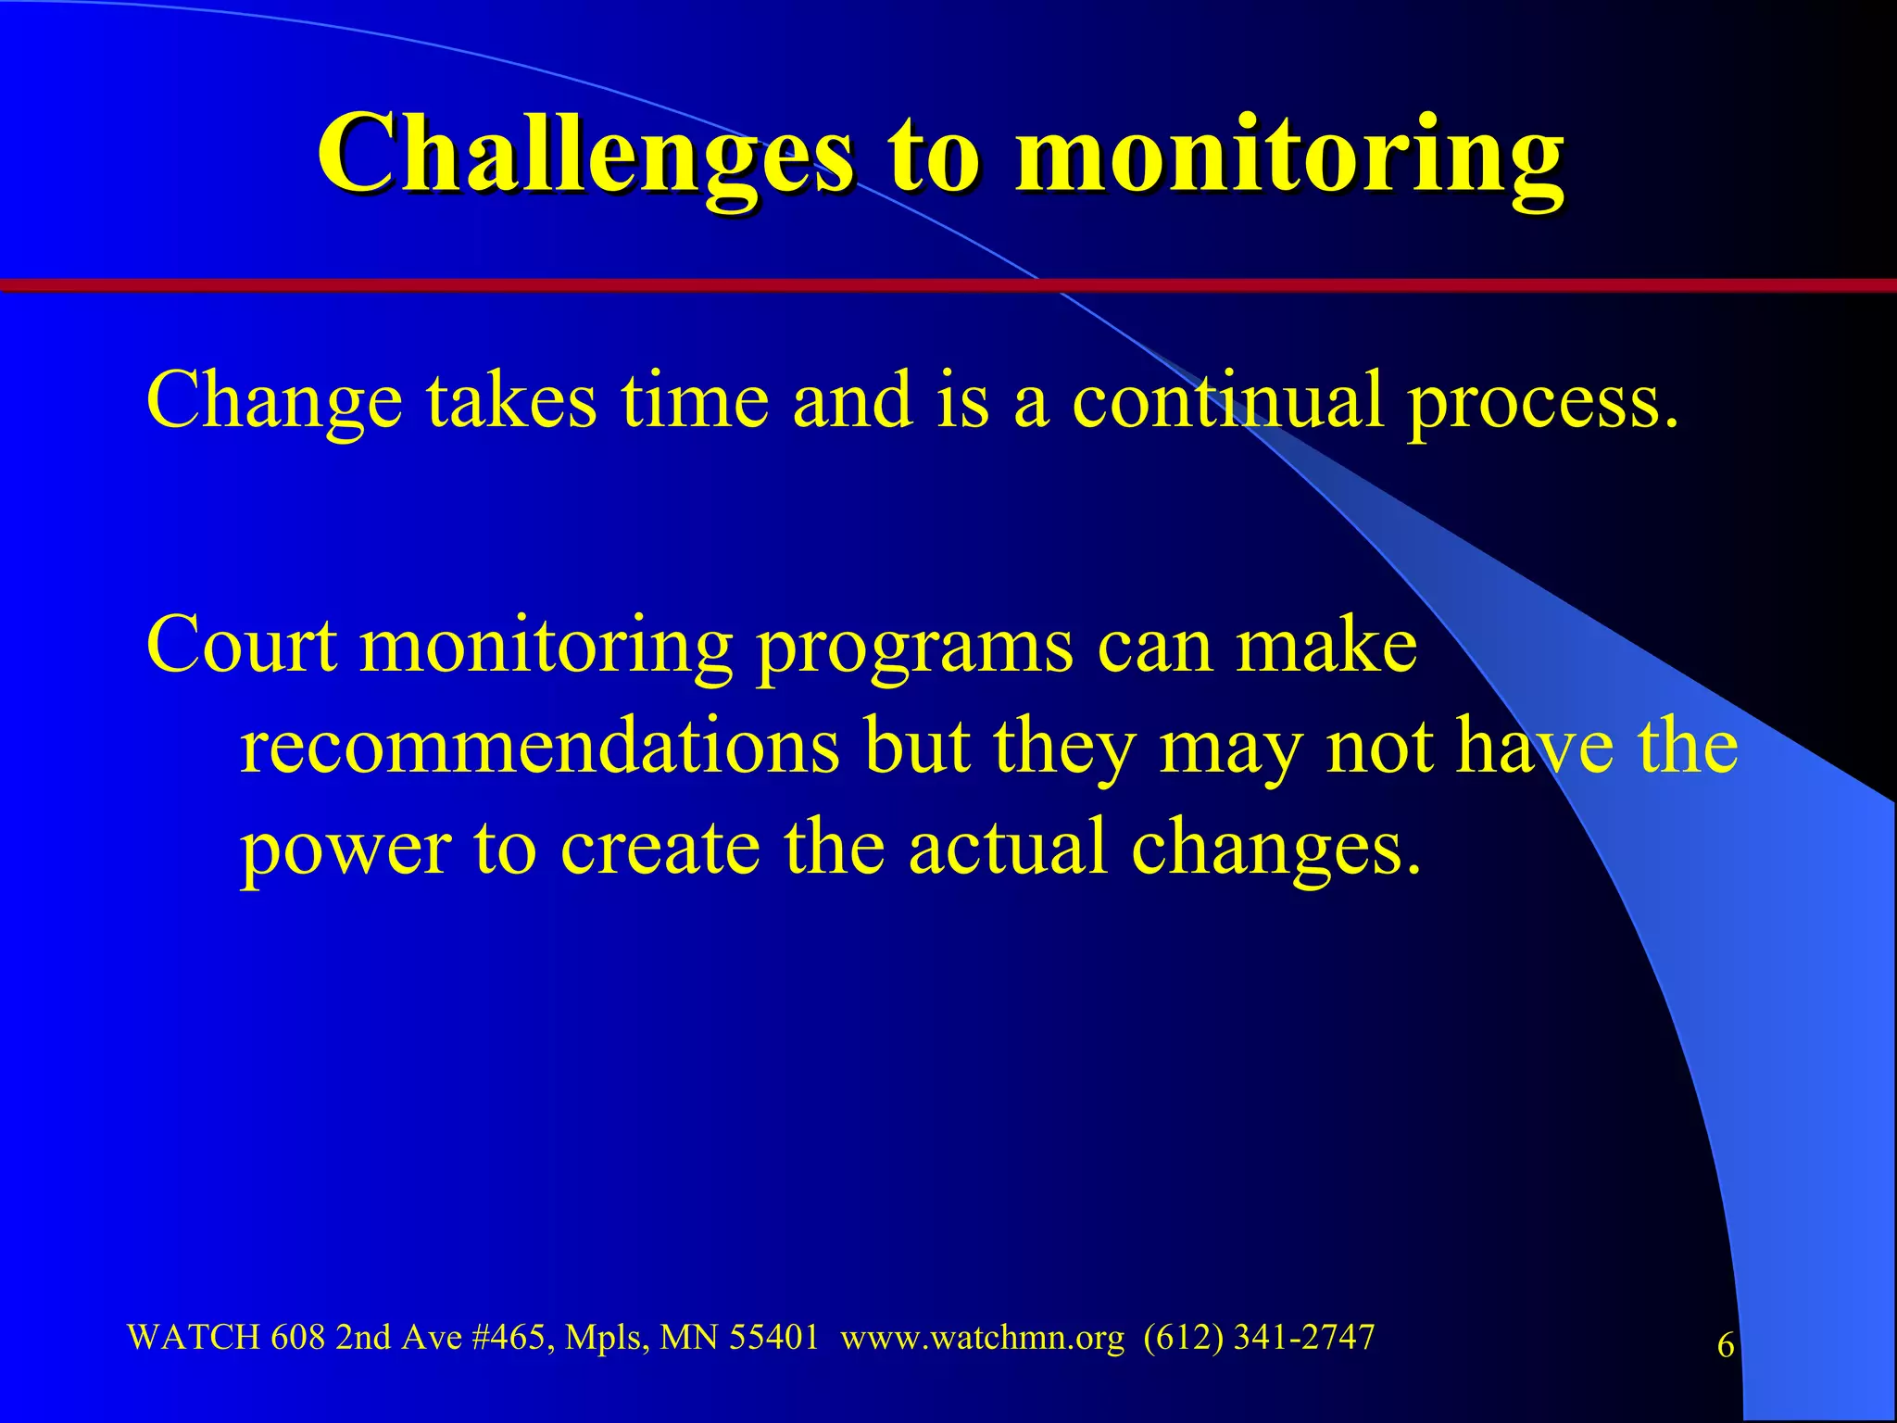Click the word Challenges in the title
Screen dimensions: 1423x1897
coord(585,153)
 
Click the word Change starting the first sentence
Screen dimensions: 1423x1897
coord(274,400)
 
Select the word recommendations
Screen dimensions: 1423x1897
coord(540,746)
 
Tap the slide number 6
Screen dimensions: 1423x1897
coord(1726,1345)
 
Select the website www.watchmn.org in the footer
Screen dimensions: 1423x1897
coord(982,1338)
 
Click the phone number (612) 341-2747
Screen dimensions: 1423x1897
coord(1258,1337)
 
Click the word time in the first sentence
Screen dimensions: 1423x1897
coord(695,400)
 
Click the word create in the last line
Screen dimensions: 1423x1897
coord(660,847)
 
